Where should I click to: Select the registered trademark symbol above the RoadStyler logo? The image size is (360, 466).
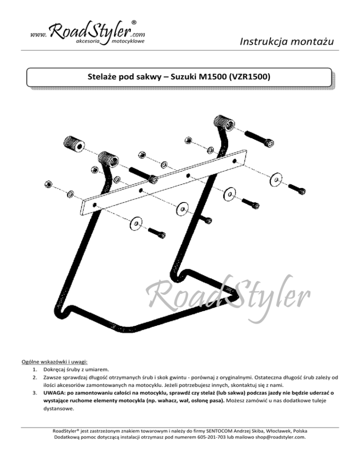pyautogui.click(x=135, y=22)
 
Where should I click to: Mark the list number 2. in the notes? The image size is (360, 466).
pyautogui.click(x=34, y=376)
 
